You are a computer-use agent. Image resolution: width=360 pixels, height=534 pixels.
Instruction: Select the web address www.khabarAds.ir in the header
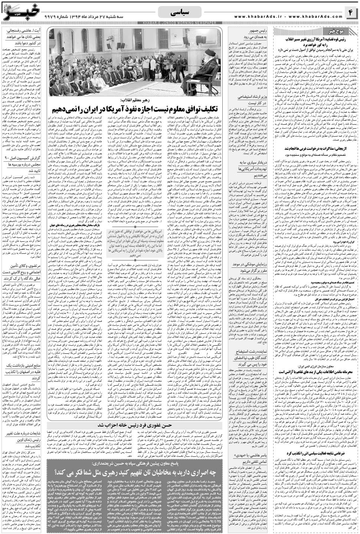(260, 17)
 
